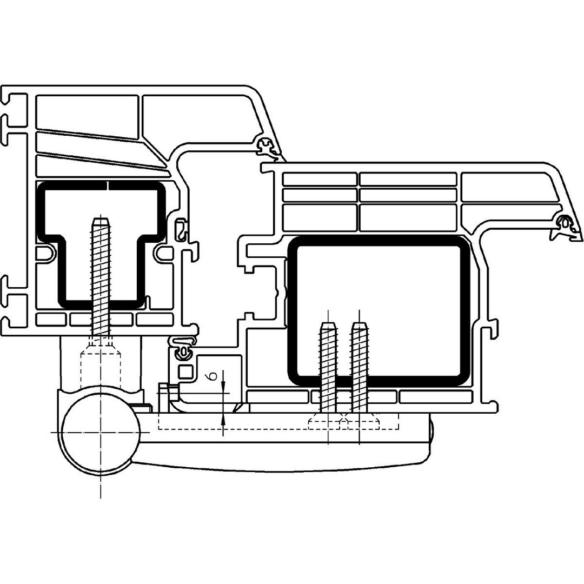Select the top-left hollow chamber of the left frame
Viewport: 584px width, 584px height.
pos(87,111)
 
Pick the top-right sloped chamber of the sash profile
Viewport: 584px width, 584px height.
pos(508,187)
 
